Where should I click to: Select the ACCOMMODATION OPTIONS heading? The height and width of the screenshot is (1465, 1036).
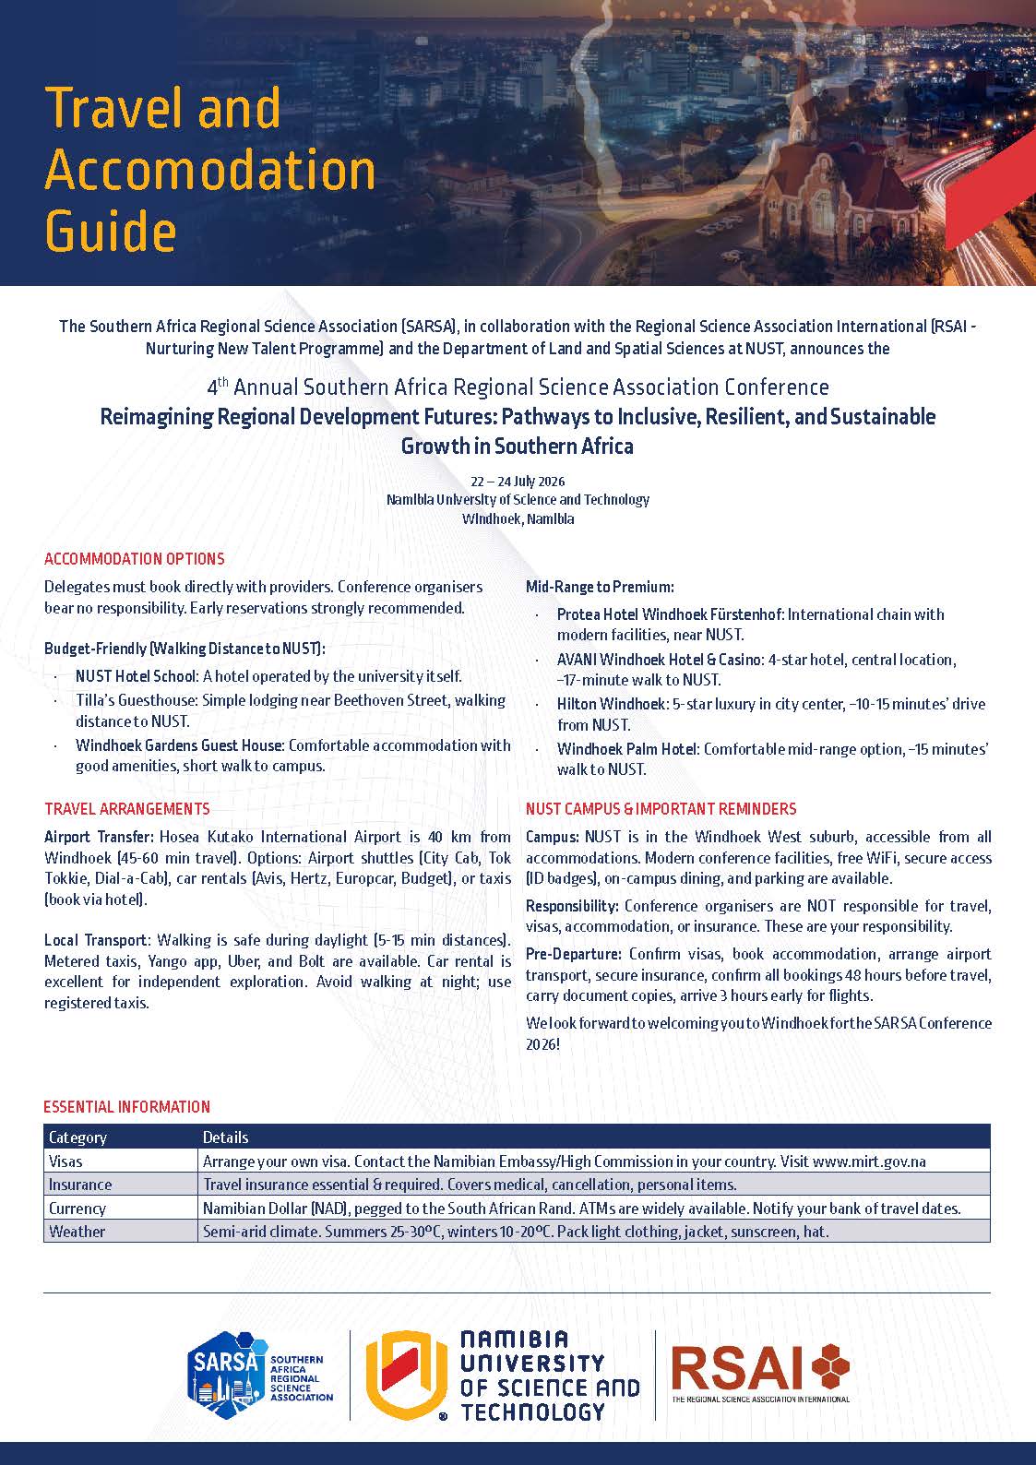pyautogui.click(x=135, y=559)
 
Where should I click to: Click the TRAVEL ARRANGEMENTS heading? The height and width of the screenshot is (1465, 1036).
pyautogui.click(x=127, y=809)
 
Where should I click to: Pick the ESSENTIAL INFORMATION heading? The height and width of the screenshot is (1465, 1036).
pyautogui.click(x=127, y=1107)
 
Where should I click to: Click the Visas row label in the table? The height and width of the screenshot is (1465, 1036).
pyautogui.click(x=65, y=1161)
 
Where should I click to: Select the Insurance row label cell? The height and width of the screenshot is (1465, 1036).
pyautogui.click(x=80, y=1185)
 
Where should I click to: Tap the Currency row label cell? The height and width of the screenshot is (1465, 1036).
pyautogui.click(x=77, y=1208)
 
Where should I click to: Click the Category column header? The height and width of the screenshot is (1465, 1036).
pyautogui.click(x=77, y=1137)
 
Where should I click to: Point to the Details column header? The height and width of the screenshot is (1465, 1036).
pyautogui.click(x=225, y=1137)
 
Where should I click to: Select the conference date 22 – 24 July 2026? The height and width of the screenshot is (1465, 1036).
pyautogui.click(x=518, y=482)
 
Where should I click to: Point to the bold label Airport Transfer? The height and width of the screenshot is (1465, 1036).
pyautogui.click(x=99, y=838)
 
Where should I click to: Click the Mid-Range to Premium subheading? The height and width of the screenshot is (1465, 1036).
pyautogui.click(x=600, y=587)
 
